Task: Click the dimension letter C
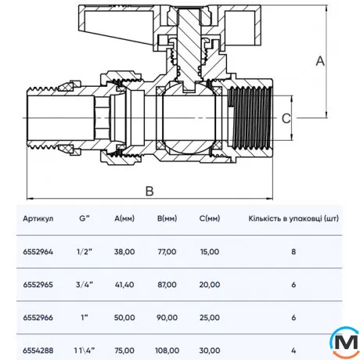point(286,117)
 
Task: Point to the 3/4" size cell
point(85,286)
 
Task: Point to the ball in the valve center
point(186,117)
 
